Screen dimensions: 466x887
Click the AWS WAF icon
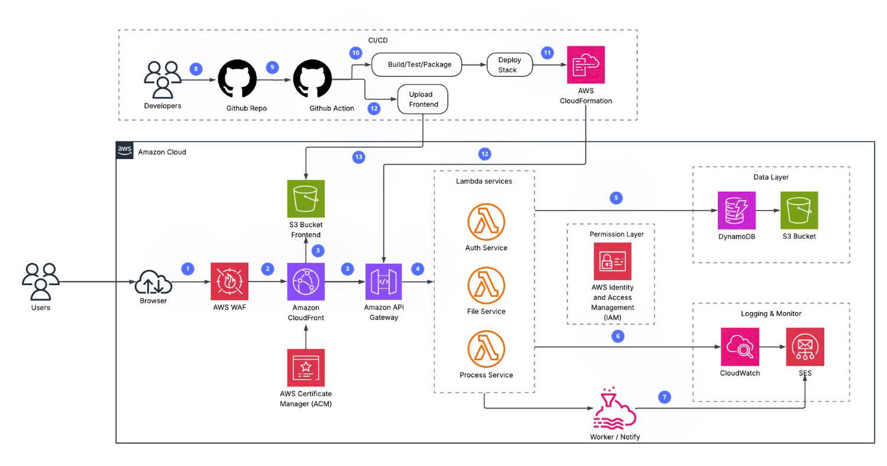click(x=230, y=282)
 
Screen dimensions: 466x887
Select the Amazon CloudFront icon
click(x=306, y=282)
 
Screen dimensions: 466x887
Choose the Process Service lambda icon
click(x=486, y=350)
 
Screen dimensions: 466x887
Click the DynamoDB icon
click(x=737, y=211)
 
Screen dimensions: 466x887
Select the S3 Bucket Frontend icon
click(x=305, y=199)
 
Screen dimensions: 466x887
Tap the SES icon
click(x=805, y=347)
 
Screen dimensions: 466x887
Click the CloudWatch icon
click(x=739, y=347)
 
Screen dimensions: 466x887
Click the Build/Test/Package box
click(x=416, y=64)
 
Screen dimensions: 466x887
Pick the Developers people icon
click(x=162, y=79)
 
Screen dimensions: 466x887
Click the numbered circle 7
click(x=665, y=397)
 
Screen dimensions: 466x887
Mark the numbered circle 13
click(x=358, y=157)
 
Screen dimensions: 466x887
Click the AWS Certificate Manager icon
click(x=306, y=368)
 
